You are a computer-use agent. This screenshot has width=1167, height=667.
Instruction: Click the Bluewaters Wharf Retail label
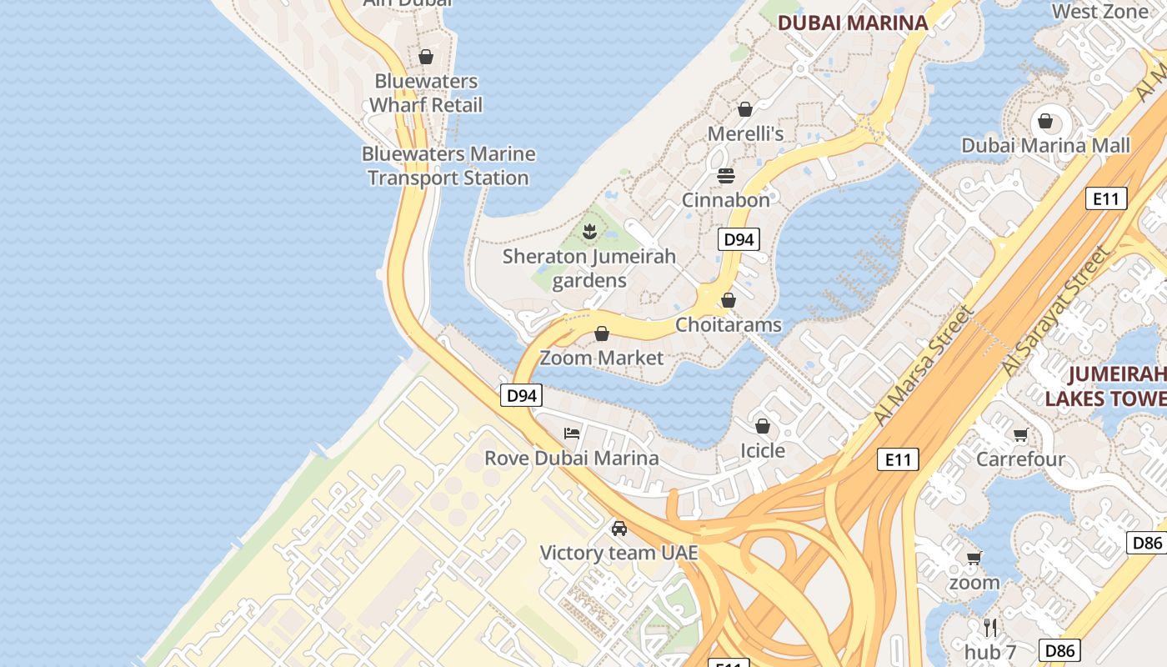(x=425, y=93)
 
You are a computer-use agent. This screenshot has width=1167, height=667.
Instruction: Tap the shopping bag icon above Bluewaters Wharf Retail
(x=426, y=57)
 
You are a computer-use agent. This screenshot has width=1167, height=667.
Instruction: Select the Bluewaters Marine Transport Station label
(x=448, y=166)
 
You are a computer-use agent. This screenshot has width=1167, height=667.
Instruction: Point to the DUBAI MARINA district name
(x=853, y=23)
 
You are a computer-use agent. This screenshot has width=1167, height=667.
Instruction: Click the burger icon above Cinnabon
(x=726, y=176)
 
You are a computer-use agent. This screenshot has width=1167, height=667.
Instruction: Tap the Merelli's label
(x=745, y=133)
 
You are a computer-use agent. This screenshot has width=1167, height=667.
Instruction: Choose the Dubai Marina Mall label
(x=1045, y=145)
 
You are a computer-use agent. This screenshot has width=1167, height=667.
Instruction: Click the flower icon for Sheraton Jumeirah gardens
(x=589, y=231)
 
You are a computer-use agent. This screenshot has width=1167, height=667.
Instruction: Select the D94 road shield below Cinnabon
(x=739, y=240)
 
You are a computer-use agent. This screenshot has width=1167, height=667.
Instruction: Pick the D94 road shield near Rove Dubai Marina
(x=522, y=395)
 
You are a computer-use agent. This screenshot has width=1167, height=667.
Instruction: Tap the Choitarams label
(x=729, y=324)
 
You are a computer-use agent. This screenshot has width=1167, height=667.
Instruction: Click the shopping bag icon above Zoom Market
(x=602, y=334)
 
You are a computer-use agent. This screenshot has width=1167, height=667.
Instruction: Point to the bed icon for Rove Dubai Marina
(x=572, y=434)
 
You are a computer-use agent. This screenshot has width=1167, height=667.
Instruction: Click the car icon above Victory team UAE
(x=619, y=529)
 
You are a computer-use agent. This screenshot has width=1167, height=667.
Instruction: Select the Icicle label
(x=763, y=450)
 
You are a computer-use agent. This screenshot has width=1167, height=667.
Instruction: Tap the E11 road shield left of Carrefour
(x=898, y=459)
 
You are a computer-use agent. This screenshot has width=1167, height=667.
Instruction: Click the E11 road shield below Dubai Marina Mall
(x=1106, y=198)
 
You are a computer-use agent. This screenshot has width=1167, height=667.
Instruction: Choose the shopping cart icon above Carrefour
(x=1020, y=434)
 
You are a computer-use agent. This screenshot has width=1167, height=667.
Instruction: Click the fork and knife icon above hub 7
(x=990, y=627)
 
